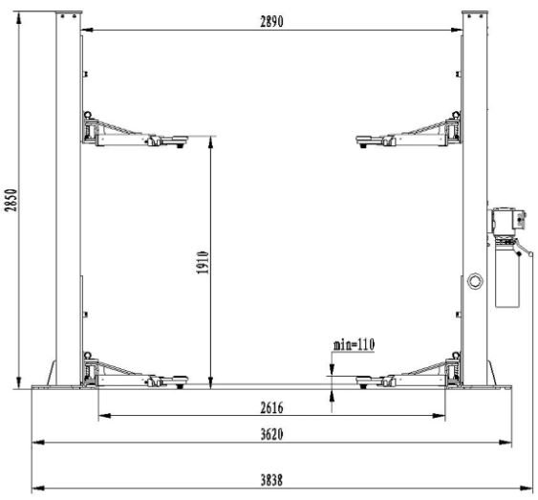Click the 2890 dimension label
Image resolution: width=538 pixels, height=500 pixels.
pos(271,22)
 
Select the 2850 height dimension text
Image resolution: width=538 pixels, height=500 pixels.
pos(11,200)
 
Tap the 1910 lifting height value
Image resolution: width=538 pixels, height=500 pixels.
pos(203,263)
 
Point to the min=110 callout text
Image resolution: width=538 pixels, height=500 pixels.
pos(354,344)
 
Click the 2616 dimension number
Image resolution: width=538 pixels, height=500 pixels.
pos(271,408)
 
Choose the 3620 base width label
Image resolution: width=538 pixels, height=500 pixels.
pos(271,434)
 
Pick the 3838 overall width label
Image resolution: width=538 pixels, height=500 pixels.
pos(271,480)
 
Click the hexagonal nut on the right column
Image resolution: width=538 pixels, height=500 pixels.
pos(475,281)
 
